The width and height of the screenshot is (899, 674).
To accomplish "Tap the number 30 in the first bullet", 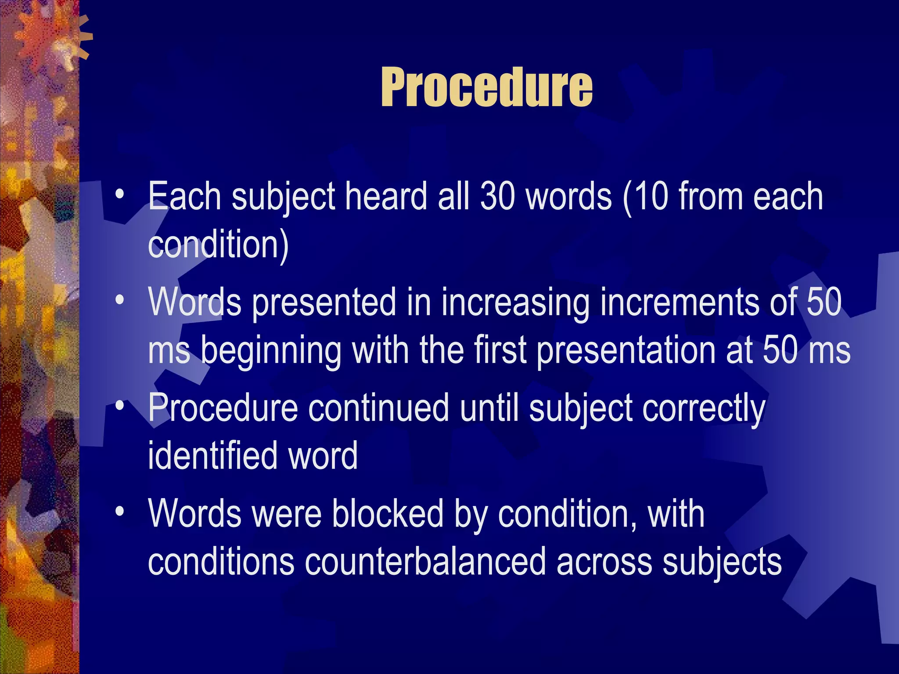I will [497, 196].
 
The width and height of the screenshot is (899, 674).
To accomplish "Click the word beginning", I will [271, 351].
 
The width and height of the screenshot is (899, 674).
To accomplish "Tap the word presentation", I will [626, 351].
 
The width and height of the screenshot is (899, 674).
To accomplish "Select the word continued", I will [378, 409].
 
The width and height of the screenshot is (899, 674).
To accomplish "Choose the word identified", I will [212, 456].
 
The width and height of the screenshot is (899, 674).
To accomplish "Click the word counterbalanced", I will [425, 562].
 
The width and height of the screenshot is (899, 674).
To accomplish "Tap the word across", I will [604, 562].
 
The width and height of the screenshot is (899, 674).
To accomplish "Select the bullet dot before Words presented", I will [119, 300].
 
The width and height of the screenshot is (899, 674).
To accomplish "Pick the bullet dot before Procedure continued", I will [119, 406].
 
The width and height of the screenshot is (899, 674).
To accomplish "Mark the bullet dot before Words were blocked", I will [119, 512].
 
